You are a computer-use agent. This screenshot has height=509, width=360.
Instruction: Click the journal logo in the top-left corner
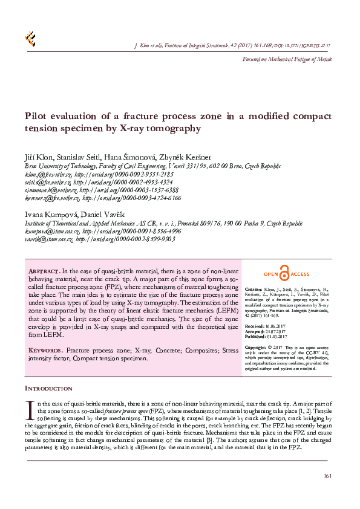pos(30,39)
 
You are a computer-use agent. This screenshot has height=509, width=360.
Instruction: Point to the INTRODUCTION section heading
pos(48,388)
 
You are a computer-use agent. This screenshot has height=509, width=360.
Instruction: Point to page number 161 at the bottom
pos(327,476)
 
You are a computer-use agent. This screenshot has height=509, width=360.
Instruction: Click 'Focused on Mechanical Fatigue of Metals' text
pos(287,59)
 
